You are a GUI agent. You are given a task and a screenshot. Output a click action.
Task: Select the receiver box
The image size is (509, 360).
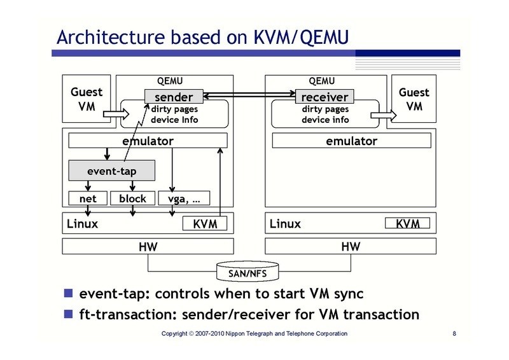[x=324, y=97]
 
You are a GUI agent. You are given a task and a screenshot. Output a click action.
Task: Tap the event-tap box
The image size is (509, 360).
[x=111, y=170]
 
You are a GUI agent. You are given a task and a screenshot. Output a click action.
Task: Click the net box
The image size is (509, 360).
[x=88, y=198]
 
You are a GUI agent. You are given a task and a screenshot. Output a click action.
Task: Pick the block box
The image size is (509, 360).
[x=132, y=198]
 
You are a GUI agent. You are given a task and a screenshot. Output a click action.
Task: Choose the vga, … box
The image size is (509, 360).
[x=184, y=198]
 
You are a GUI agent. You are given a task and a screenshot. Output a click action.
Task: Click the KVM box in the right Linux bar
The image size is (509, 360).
[x=407, y=224]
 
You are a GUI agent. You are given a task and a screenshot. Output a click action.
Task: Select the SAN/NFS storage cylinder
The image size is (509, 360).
[x=248, y=272]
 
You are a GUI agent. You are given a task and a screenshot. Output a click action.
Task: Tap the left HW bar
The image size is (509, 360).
[x=148, y=246]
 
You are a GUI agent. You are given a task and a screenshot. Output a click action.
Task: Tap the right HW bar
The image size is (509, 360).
[x=351, y=246]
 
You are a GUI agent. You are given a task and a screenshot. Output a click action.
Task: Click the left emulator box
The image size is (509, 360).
[x=148, y=141]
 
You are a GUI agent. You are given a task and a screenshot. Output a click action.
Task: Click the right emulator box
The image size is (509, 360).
[x=351, y=141]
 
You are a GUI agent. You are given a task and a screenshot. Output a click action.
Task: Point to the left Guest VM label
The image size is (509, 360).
[x=86, y=99]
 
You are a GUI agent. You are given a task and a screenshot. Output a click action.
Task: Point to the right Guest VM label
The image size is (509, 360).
[x=414, y=99]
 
